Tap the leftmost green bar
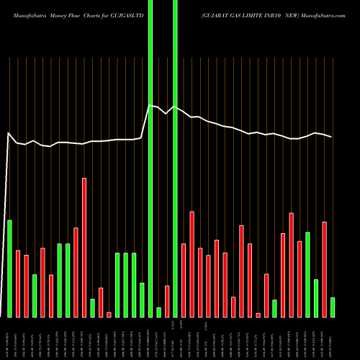(x=10, y=268)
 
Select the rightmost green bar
(x=333, y=307)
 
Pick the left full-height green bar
(x=150, y=158)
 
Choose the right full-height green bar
(x=175, y=158)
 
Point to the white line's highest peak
(x=150, y=106)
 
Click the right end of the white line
(x=332, y=137)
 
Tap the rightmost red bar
(x=324, y=269)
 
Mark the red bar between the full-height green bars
(x=167, y=301)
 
